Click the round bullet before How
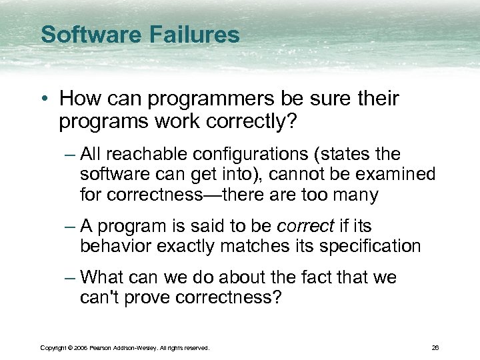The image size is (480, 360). point(45,99)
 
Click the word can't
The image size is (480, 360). point(97,298)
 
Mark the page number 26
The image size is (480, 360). point(435,347)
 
